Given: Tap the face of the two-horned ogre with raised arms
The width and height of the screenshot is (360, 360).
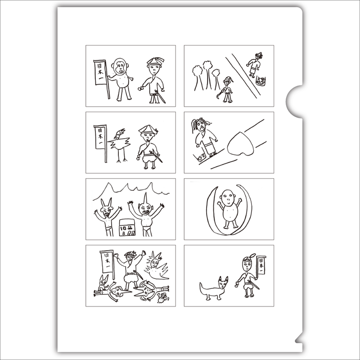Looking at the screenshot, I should coord(107,213).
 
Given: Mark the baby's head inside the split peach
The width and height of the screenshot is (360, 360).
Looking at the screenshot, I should coord(229,197).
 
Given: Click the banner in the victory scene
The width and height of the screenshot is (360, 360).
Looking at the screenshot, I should coord(107,262).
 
